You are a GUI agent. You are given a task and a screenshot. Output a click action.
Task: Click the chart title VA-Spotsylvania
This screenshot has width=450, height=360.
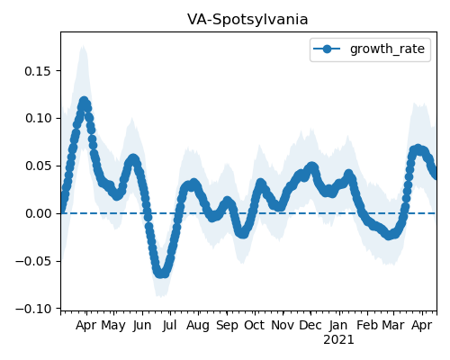click(x=247, y=20)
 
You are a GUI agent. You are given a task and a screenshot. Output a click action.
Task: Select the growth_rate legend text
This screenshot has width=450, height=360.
click(x=387, y=49)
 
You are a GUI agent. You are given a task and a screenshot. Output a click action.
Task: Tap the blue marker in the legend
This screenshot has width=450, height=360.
click(x=327, y=49)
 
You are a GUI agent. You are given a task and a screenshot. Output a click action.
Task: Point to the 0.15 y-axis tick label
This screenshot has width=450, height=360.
click(x=39, y=71)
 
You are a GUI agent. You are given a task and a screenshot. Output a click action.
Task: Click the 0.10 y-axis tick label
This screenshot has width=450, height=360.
click(x=39, y=119)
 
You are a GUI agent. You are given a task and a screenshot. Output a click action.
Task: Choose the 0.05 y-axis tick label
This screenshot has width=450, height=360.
click(x=39, y=166)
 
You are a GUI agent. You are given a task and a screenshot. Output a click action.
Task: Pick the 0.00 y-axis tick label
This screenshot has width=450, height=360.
click(x=39, y=213)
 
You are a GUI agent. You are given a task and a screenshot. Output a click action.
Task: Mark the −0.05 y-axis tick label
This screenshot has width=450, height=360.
click(x=34, y=261)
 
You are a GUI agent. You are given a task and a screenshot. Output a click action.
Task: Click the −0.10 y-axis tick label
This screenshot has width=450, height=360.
click(x=34, y=309)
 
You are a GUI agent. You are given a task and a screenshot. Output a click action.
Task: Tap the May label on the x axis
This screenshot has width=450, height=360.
click(x=113, y=326)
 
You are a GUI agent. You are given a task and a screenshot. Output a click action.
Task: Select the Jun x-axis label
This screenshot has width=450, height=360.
click(x=142, y=326)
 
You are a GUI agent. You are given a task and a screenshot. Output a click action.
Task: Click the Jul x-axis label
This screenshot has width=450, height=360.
click(x=169, y=326)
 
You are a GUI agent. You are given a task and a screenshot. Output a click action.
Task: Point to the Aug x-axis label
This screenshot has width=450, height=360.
click(x=198, y=326)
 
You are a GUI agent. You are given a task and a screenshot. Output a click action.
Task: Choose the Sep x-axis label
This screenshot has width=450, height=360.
click(x=227, y=326)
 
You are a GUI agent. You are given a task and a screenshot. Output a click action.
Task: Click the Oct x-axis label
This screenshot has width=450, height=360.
click(x=255, y=326)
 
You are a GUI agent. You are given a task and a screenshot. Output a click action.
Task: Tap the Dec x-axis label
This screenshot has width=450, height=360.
click(x=310, y=326)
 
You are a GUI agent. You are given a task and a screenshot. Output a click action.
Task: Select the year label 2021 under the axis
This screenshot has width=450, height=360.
click(x=338, y=340)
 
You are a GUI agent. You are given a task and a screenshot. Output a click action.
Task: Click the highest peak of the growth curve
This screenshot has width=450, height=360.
click(x=84, y=101)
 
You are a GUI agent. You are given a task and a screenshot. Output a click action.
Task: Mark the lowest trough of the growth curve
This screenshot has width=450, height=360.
click(x=161, y=273)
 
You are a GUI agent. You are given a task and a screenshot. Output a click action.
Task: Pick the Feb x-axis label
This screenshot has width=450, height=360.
click(x=367, y=326)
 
